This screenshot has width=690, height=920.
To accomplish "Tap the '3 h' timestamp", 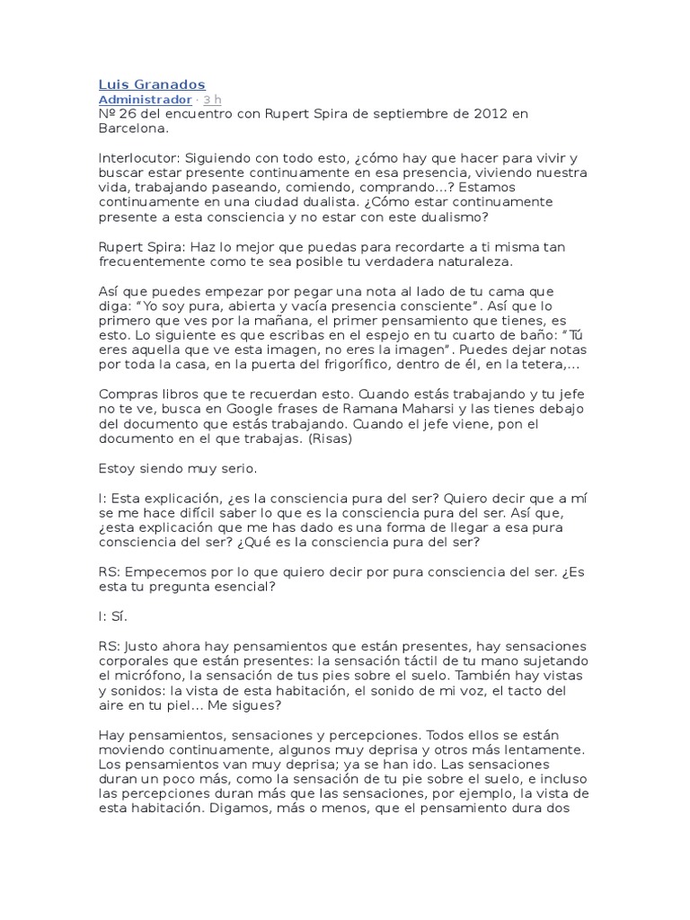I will pyautogui.click(x=213, y=99).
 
